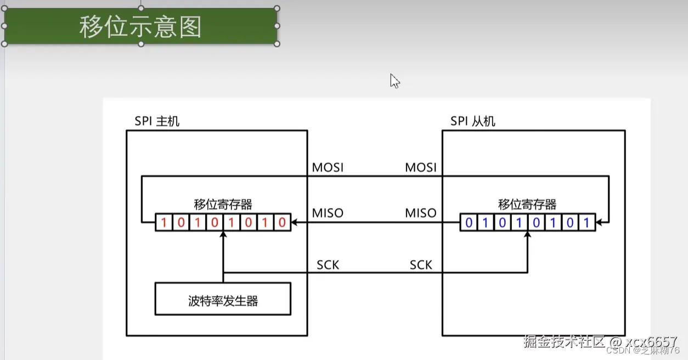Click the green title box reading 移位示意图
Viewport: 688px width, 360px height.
[x=140, y=26]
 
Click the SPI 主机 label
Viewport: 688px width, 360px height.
[x=157, y=121]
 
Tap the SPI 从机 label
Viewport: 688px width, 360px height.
[x=472, y=121]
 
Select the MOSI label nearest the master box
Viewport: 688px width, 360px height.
[x=328, y=167]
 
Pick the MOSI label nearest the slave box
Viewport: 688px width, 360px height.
[x=421, y=167]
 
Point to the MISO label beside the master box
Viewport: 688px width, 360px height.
[x=328, y=213]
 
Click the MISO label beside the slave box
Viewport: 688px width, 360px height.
[x=421, y=213]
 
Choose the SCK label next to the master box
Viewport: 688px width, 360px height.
[x=328, y=265]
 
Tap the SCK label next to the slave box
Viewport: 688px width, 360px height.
[x=421, y=265]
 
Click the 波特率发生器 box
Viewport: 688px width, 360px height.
[x=223, y=299]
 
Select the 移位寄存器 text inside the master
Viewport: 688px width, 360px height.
[x=223, y=205]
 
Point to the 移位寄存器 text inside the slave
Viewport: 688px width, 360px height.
[x=527, y=205]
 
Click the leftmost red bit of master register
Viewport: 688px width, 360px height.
[x=163, y=223]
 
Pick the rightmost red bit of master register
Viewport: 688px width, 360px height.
[x=282, y=223]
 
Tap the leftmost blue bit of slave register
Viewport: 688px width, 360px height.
[x=469, y=223]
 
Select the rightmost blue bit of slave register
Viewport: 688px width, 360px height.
[x=587, y=223]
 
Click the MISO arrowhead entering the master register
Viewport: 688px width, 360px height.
[x=295, y=223]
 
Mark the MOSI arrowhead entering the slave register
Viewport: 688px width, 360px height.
[x=600, y=223]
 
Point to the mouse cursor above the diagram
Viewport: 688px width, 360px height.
[x=394, y=80]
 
